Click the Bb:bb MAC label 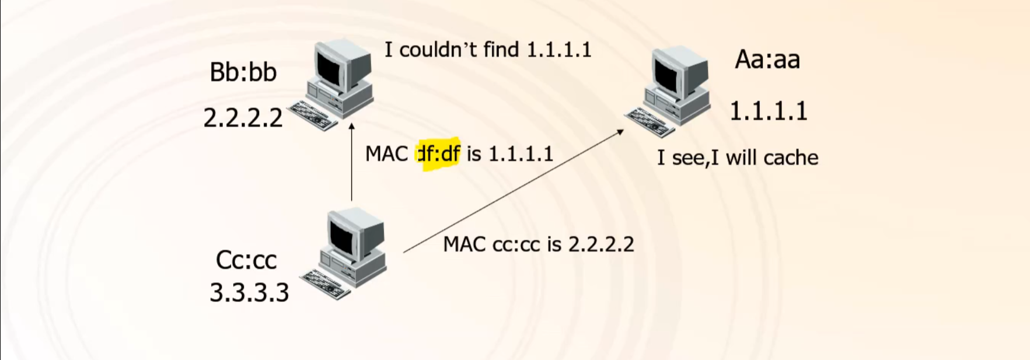point(243,72)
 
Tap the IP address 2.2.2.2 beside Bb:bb point(243,118)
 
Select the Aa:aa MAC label point(767,60)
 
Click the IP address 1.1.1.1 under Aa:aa point(768,111)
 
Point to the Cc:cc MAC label point(246,260)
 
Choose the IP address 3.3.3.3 point(249,292)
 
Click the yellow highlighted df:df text point(439,154)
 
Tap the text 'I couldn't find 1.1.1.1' point(488,50)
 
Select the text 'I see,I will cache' point(738,158)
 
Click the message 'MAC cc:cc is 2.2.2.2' point(538,244)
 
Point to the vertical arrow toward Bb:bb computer point(352,163)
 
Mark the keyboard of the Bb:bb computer point(313,116)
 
